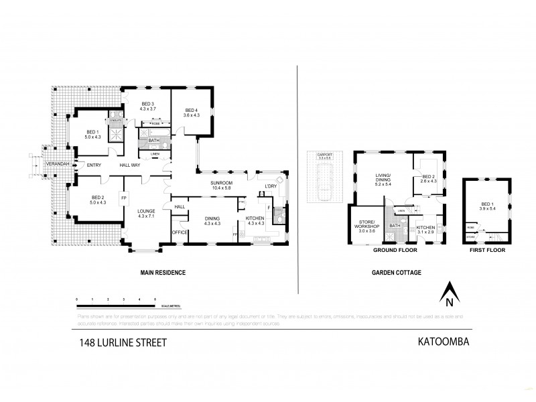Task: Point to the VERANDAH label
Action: (56, 164)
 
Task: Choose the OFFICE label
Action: (179, 232)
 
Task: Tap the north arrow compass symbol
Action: (450, 293)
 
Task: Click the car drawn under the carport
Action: (324, 186)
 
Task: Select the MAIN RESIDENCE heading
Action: (162, 273)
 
